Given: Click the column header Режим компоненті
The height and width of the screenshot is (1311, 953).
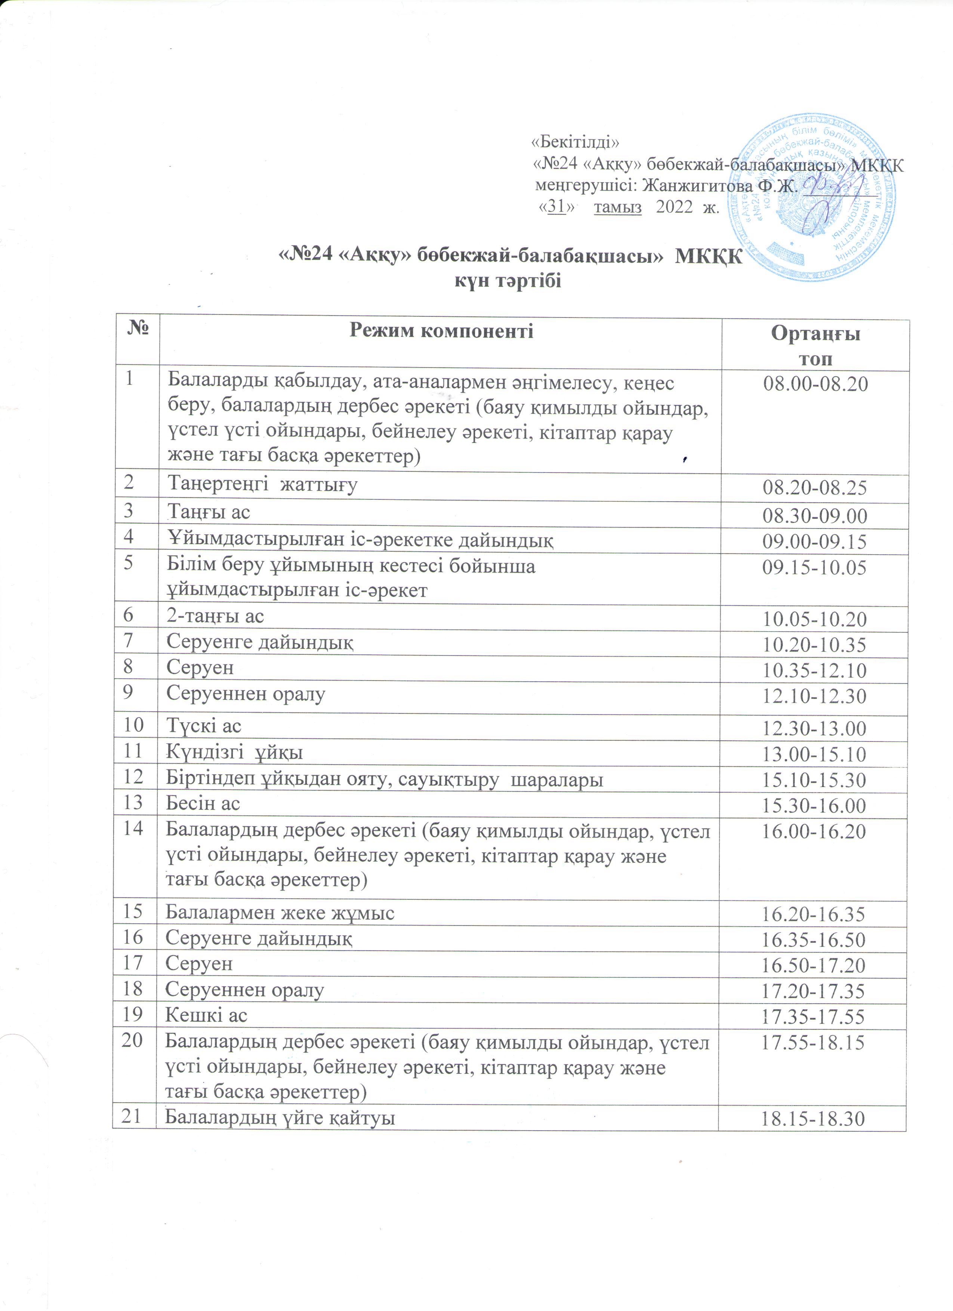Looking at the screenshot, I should [441, 331].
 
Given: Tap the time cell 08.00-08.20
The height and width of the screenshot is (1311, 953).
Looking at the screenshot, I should [815, 384].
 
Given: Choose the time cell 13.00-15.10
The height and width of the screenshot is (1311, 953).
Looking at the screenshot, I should [815, 754].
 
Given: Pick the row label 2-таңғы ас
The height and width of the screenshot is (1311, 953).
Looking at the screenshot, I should [215, 616].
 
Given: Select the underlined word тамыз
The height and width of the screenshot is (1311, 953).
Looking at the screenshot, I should [618, 208].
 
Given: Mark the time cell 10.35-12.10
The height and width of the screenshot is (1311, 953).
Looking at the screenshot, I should [815, 670].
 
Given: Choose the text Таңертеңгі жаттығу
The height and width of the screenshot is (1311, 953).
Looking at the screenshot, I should [262, 484].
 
